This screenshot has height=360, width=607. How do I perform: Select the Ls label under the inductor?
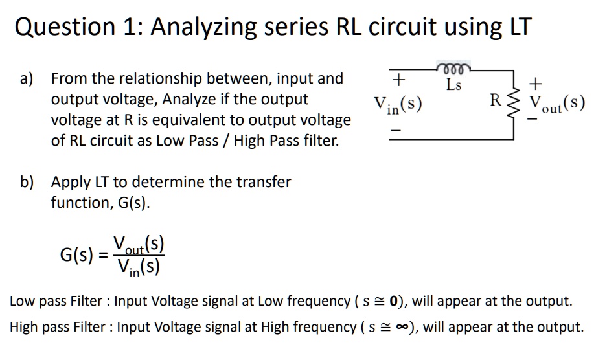454,84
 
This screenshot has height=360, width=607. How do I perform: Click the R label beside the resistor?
496,100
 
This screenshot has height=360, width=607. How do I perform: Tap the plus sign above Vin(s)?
399,80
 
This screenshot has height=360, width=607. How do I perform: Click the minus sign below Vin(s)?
399,130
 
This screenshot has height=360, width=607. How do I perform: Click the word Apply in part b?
71,182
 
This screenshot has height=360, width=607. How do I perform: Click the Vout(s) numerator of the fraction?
140,244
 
